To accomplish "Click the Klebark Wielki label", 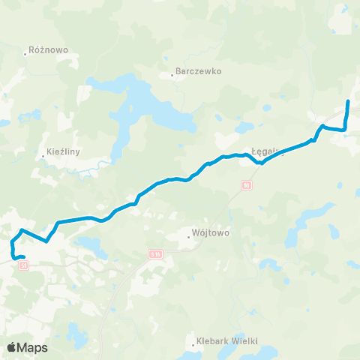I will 223,340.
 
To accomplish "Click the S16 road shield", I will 155,256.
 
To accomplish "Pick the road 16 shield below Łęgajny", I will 247,184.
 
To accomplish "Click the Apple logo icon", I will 12,347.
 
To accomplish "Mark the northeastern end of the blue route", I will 348,101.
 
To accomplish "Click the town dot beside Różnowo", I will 25,54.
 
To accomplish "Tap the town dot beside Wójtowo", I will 188,236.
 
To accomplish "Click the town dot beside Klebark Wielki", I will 193,343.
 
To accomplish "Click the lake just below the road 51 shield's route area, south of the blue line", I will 90,244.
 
